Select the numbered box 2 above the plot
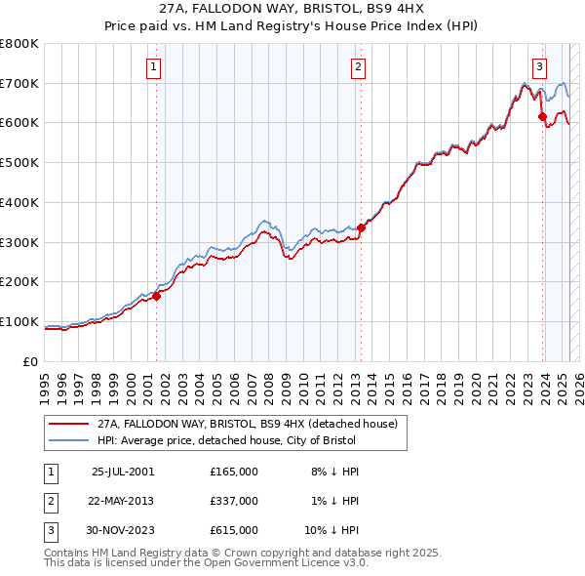(x=359, y=67)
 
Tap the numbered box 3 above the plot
(x=539, y=67)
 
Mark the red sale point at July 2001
(x=156, y=296)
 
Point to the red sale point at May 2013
(x=360, y=227)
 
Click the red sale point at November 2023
(x=542, y=116)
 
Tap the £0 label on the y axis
(x=29, y=361)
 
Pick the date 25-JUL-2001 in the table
(x=123, y=472)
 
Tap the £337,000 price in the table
(x=234, y=501)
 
